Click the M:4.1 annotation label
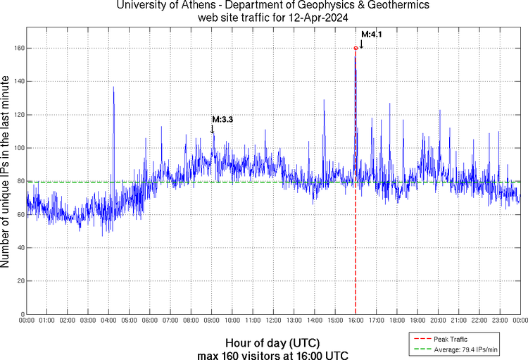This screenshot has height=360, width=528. pyautogui.click(x=371, y=34)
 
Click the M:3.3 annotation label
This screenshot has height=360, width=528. pyautogui.click(x=222, y=119)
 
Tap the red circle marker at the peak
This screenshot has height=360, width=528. pyautogui.click(x=356, y=48)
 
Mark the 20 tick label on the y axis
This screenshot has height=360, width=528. pyautogui.click(x=19, y=280)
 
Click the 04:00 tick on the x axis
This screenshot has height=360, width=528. pyautogui.click(x=108, y=321)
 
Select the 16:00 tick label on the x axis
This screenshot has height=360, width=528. pyautogui.click(x=356, y=321)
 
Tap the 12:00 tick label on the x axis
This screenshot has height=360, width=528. pyautogui.click(x=273, y=321)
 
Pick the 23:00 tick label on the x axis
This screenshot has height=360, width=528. pyautogui.click(x=500, y=321)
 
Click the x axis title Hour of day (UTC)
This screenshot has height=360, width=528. pyautogui.click(x=272, y=342)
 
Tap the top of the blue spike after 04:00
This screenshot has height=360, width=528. pyautogui.click(x=113, y=87)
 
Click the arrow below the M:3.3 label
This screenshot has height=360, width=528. pyautogui.click(x=212, y=129)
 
